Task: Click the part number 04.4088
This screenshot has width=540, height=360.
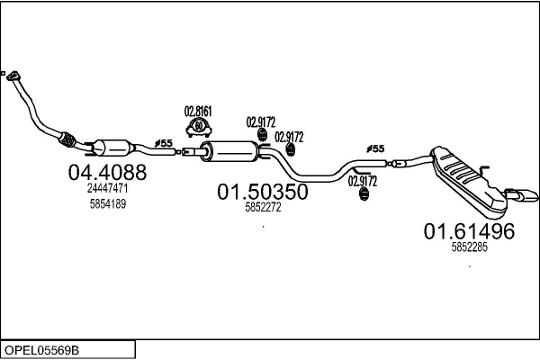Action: [107, 172]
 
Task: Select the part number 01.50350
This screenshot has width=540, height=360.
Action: [263, 192]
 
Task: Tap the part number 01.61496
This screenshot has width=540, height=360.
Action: [469, 231]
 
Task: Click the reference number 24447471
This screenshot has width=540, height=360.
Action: [107, 188]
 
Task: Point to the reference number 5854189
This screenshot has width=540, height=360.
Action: [108, 204]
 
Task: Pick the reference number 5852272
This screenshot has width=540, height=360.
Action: [263, 207]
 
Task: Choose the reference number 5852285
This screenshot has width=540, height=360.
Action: [470, 247]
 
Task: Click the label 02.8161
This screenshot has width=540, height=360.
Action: [198, 112]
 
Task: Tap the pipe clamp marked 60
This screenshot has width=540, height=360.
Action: [198, 127]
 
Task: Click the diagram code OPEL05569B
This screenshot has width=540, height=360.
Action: [41, 350]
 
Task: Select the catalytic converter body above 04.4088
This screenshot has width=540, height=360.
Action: [112, 148]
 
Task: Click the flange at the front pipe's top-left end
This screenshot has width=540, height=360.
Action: [13, 76]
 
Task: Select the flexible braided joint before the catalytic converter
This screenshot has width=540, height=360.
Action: [67, 139]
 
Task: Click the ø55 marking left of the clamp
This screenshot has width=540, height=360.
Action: [164, 143]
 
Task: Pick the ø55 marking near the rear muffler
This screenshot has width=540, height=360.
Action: [375, 148]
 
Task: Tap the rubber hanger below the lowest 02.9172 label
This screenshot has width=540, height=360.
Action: [364, 194]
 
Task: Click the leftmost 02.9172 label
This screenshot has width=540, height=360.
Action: [261, 122]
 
